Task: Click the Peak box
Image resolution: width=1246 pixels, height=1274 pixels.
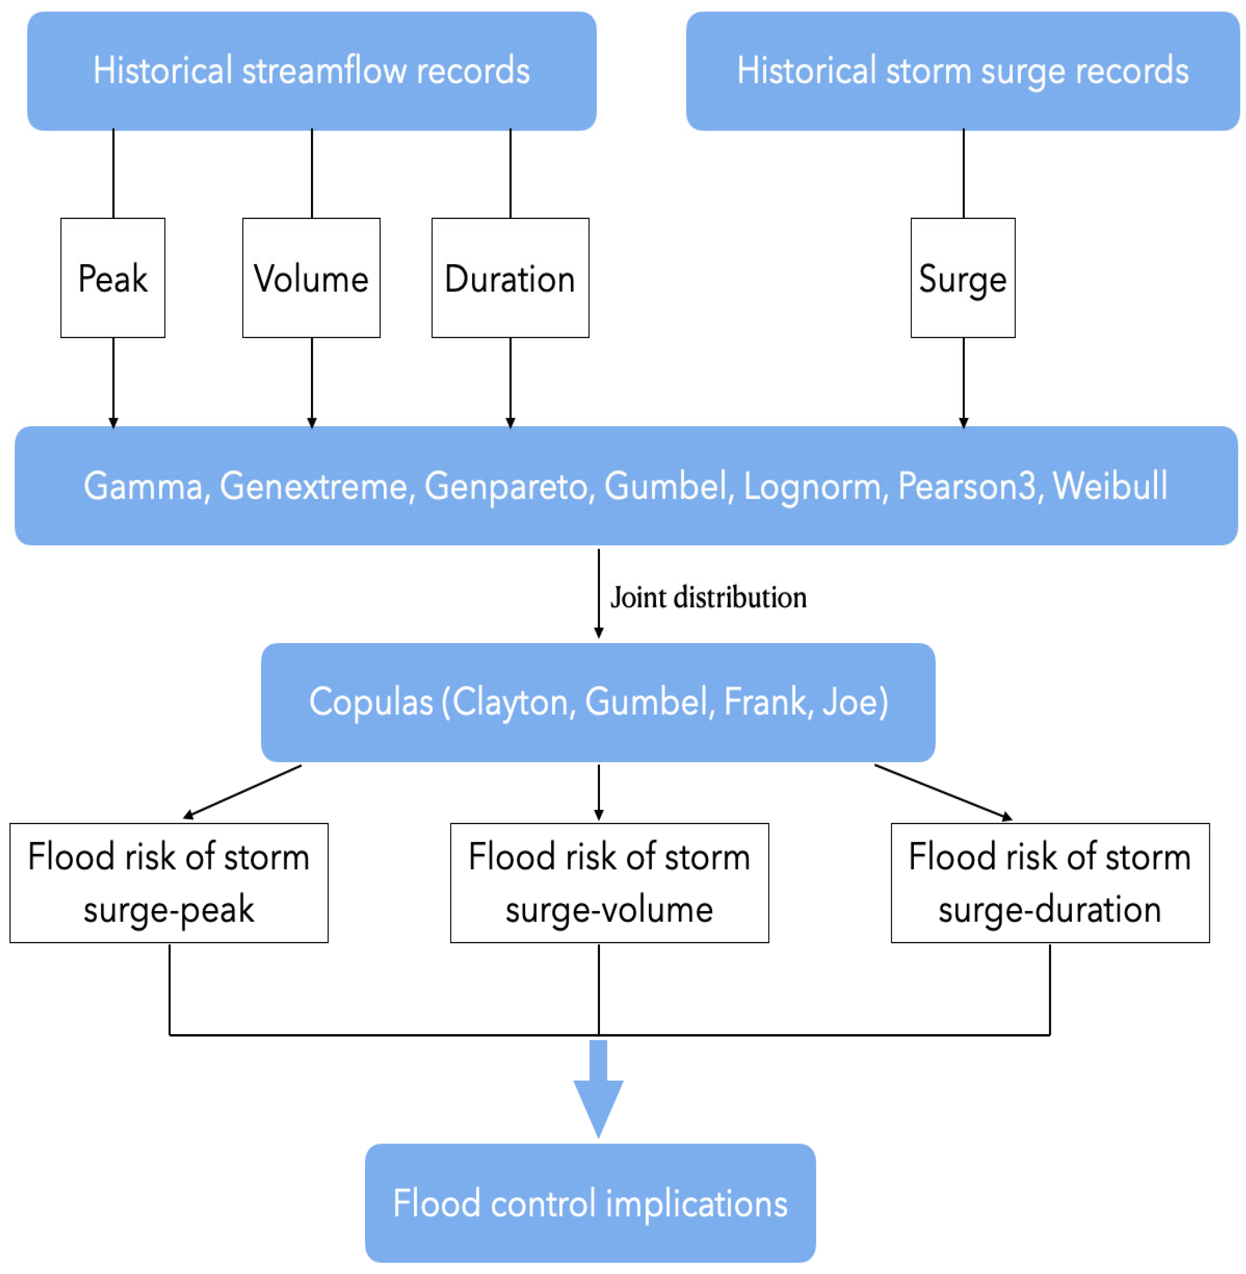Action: coord(113,278)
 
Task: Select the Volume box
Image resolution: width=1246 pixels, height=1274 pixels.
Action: coord(312,278)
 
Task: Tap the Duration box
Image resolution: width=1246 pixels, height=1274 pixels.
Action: coord(510,278)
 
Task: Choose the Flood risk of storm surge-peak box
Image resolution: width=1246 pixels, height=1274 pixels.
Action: coord(169,883)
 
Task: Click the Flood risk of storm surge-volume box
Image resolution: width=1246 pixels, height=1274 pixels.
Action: coord(610,883)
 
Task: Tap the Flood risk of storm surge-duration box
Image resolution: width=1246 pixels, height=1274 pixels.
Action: coord(1050,883)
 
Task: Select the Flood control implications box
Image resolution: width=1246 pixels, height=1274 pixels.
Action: coord(590,1203)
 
